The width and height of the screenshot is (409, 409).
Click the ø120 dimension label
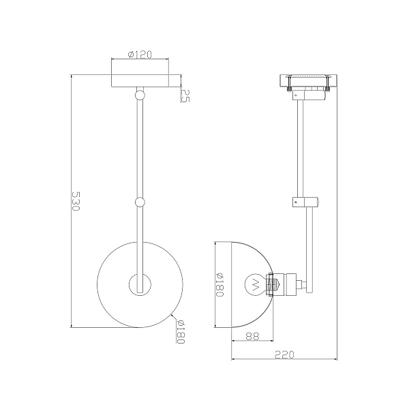point(140,55)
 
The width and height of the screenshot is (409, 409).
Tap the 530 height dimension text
point(76,201)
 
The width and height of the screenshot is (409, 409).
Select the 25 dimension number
point(185,95)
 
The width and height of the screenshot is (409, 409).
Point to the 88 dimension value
point(252,336)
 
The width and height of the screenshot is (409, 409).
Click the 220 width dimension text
point(284,354)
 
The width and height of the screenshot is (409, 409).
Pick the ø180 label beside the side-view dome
point(220,284)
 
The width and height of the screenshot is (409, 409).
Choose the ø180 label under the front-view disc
point(180,331)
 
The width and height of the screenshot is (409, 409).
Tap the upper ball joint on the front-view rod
point(140,95)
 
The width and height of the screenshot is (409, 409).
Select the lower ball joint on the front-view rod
point(140,202)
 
